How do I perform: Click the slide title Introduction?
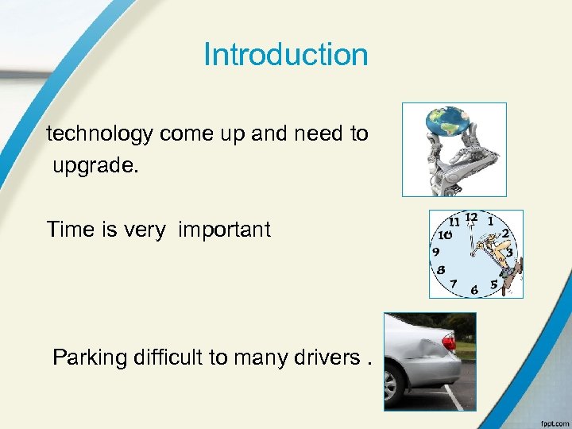click(286, 55)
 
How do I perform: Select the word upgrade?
click(93, 167)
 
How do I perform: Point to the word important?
click(225, 231)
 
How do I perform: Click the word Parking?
click(90, 357)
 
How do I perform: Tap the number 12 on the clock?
click(472, 217)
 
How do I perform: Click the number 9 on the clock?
click(436, 252)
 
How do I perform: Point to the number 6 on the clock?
click(474, 290)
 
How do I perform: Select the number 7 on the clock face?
click(453, 283)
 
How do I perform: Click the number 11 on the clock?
click(455, 222)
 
